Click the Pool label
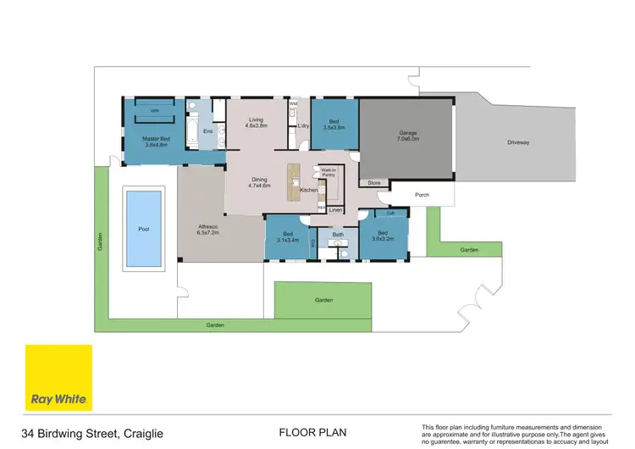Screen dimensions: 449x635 pyautogui.click(x=142, y=229)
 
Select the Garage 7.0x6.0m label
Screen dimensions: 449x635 pyautogui.click(x=408, y=136)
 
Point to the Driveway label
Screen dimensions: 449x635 pyautogui.click(x=517, y=142)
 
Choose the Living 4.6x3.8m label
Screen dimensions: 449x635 pyautogui.click(x=256, y=123)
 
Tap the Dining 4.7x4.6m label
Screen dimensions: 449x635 pyautogui.click(x=259, y=181)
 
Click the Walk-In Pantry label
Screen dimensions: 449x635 pyautogui.click(x=329, y=173)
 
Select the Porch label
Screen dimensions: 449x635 pyautogui.click(x=422, y=195)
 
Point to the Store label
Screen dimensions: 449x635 pyautogui.click(x=373, y=182)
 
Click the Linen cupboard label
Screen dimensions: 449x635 pyautogui.click(x=335, y=209)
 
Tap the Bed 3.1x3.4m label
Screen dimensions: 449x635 pyautogui.click(x=288, y=236)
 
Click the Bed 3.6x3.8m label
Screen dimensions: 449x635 pyautogui.click(x=334, y=124)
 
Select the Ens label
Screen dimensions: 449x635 pyautogui.click(x=207, y=131)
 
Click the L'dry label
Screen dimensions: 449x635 pyautogui.click(x=302, y=126)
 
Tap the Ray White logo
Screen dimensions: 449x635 pyautogui.click(x=58, y=378)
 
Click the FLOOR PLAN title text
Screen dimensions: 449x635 pyautogui.click(x=312, y=432)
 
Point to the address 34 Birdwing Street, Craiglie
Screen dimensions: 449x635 pyautogui.click(x=93, y=432)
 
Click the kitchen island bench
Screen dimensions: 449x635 pyautogui.click(x=295, y=179)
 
